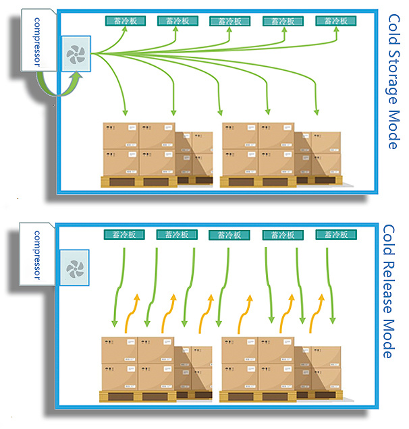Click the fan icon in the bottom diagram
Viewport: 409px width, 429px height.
[74, 269]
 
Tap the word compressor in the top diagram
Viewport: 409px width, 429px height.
[38, 41]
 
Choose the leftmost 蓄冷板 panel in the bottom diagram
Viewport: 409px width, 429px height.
[121, 235]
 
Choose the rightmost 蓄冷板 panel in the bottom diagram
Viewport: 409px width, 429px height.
[335, 235]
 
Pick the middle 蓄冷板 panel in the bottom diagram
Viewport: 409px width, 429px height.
[227, 235]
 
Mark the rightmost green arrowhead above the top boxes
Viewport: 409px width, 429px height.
[317, 111]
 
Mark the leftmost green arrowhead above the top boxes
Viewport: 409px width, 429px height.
[125, 111]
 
